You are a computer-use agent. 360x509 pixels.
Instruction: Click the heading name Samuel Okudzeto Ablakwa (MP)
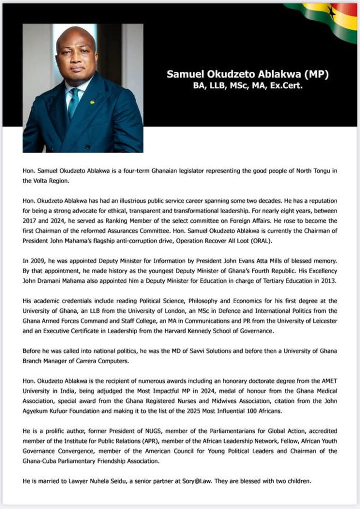tap(247, 74)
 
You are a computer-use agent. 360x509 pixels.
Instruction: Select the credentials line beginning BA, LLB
tap(247, 86)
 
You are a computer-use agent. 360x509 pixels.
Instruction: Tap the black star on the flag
tap(331, 12)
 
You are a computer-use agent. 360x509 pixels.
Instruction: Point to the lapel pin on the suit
tap(92, 101)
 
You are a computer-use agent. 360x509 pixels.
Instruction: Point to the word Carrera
tap(90, 361)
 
